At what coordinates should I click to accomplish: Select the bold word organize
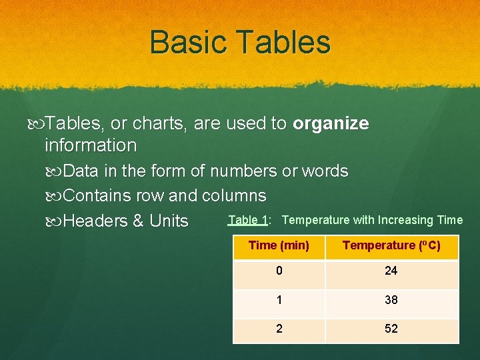click(331, 124)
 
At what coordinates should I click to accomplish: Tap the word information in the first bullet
click(91, 145)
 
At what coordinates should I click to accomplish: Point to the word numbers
click(243, 171)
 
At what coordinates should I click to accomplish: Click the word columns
click(234, 196)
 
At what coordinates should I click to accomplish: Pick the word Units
click(169, 221)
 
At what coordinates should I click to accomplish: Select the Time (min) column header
click(279, 245)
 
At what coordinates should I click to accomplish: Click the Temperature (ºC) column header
click(391, 245)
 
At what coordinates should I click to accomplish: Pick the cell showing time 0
click(279, 271)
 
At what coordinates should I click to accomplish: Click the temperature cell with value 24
click(391, 271)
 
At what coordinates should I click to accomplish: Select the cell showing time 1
click(279, 300)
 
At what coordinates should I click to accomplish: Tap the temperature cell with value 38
click(391, 300)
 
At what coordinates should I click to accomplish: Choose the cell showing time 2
click(279, 329)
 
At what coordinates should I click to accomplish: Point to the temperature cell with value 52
click(391, 329)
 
